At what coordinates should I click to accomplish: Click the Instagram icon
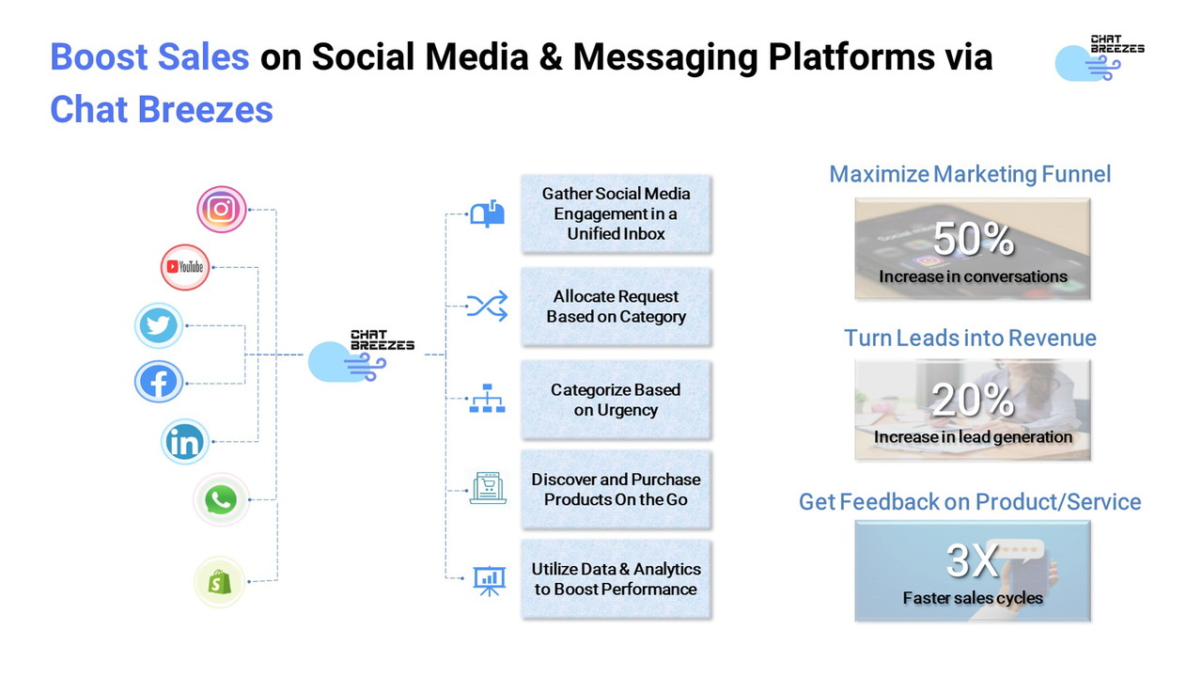(x=222, y=210)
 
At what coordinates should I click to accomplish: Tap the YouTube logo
(x=184, y=267)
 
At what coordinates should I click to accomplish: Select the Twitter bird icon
(x=159, y=326)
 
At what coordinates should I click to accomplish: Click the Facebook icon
(x=159, y=382)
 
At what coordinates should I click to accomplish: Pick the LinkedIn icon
(x=185, y=442)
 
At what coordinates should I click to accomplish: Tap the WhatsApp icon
(x=221, y=500)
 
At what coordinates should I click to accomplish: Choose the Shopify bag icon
(x=220, y=582)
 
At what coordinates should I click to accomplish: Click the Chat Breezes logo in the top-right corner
(x=1100, y=57)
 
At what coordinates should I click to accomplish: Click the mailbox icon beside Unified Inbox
(x=487, y=214)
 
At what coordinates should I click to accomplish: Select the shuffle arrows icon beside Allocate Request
(x=487, y=306)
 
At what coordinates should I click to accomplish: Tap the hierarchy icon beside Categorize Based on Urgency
(x=487, y=399)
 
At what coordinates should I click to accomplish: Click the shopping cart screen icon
(x=488, y=489)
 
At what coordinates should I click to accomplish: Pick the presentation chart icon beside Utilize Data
(x=487, y=580)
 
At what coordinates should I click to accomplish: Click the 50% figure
(x=973, y=240)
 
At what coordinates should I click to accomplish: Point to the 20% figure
(x=973, y=401)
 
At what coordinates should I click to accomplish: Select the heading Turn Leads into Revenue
(x=970, y=338)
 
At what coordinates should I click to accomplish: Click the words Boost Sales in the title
(x=149, y=57)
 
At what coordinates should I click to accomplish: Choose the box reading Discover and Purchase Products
(x=617, y=489)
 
